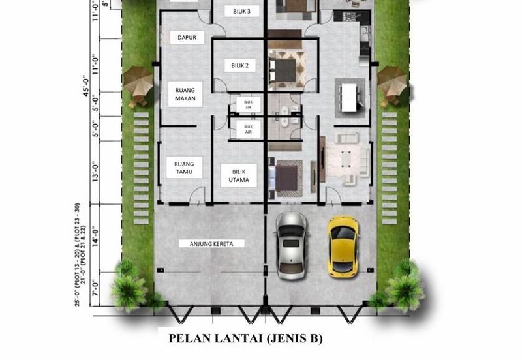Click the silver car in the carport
tap(291, 245)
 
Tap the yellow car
tap(343, 245)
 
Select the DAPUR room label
tap(187, 38)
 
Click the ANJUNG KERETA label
tap(202, 244)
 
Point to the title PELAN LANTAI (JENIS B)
tap(246, 338)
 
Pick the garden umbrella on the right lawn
tap(391, 81)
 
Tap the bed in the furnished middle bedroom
tap(286, 71)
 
